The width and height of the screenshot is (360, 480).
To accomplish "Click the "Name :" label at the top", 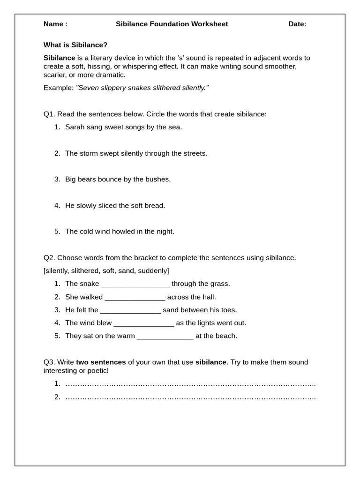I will tap(55, 24).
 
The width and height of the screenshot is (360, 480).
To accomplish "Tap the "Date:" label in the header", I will tap(297, 24).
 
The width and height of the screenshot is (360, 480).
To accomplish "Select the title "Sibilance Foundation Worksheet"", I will tap(172, 24).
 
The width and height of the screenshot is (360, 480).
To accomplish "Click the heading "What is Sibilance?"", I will tap(75, 45).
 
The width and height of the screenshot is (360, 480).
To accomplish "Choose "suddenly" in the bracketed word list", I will tap(153, 271).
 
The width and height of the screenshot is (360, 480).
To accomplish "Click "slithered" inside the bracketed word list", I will tap(84, 271).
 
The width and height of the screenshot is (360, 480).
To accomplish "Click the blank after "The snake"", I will tap(135, 284).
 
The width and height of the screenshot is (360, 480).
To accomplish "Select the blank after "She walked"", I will tap(135, 297).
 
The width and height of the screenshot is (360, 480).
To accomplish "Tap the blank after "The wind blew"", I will tap(144, 323).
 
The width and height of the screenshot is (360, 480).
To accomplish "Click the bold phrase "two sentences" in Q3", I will tap(101, 362).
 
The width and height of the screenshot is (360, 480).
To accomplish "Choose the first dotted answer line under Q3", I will tap(190, 384).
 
